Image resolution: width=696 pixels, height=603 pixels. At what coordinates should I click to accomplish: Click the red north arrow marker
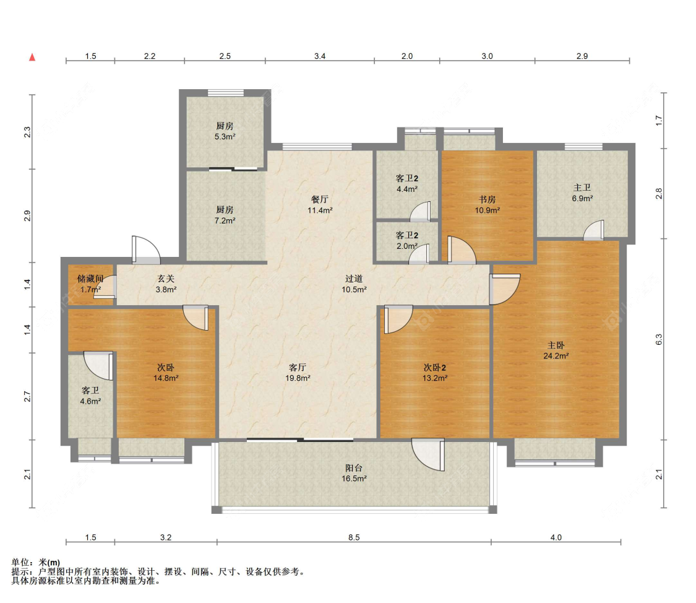(x=32, y=58)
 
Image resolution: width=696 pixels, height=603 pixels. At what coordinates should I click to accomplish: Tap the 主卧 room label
(x=556, y=345)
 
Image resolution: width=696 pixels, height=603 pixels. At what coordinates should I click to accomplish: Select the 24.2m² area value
(x=556, y=356)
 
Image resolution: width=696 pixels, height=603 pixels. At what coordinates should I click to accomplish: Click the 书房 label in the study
(x=487, y=199)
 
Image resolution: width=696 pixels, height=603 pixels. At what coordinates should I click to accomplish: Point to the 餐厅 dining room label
(x=320, y=199)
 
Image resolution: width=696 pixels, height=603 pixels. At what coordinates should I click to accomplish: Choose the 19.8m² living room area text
(x=298, y=378)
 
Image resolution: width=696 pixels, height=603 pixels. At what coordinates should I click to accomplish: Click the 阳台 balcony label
(x=354, y=467)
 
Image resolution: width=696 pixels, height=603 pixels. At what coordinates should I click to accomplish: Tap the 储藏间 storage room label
(x=90, y=279)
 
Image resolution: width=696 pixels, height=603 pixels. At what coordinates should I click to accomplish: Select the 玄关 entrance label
(x=166, y=279)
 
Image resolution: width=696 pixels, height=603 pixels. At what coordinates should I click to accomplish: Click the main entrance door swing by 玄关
(x=145, y=249)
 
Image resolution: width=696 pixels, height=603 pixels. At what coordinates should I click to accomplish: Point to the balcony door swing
(x=428, y=454)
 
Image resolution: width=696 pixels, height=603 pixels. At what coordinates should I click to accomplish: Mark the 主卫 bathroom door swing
(x=593, y=230)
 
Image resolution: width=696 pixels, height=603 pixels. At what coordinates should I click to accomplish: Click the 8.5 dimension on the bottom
(x=354, y=537)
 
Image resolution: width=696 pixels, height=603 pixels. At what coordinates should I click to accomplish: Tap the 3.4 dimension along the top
(x=320, y=56)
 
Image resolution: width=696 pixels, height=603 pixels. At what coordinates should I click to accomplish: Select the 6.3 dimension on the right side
(x=659, y=339)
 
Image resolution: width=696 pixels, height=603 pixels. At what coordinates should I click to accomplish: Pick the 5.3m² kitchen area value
(x=225, y=137)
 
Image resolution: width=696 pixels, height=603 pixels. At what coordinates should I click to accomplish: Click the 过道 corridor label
(x=354, y=279)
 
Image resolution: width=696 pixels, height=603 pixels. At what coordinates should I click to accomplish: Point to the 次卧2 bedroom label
(x=434, y=368)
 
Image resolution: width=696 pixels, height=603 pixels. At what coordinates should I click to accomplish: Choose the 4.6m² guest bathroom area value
(x=90, y=401)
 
